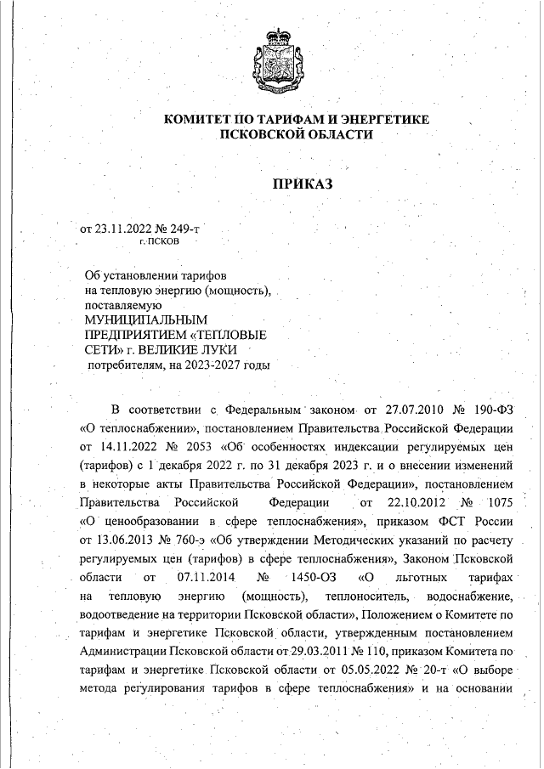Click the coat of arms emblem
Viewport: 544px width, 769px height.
272,58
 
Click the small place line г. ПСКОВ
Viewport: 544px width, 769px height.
159,242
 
